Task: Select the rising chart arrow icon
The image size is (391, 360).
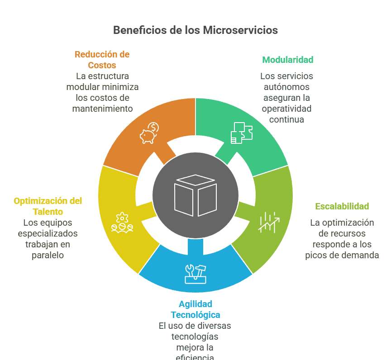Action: [x=269, y=222]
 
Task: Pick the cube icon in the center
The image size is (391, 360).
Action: [x=195, y=195]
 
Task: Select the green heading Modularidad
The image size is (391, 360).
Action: [x=288, y=60]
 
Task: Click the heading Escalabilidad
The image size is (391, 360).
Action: [x=342, y=207]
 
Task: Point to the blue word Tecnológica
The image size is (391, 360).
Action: [x=195, y=315]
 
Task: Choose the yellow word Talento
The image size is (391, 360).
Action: [x=48, y=212]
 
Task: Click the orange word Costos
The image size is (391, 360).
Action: [x=102, y=65]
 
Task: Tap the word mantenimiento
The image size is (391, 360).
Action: [x=102, y=109]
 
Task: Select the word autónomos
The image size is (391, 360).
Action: [x=286, y=87]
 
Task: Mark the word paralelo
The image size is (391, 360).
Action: [x=48, y=255]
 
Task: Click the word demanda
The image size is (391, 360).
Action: [x=360, y=255]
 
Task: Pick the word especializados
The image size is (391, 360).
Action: [x=48, y=233]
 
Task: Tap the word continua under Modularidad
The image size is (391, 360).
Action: [x=286, y=119]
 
